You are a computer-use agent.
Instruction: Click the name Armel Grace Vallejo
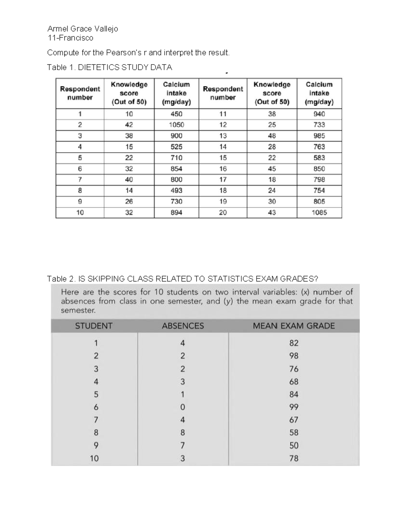click(x=83, y=29)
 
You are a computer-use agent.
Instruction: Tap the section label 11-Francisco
click(x=70, y=38)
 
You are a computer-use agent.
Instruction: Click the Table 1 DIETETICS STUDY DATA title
click(x=110, y=67)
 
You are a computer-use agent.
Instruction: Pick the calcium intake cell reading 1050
click(x=176, y=125)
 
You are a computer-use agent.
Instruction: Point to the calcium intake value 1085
click(x=319, y=213)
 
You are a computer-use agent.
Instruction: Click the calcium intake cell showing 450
click(x=176, y=114)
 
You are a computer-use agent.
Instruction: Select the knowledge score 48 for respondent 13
click(x=272, y=136)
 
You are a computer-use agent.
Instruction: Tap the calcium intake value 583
click(x=319, y=158)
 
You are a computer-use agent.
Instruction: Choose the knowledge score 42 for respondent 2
click(x=129, y=125)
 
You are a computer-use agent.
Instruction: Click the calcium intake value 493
click(x=176, y=191)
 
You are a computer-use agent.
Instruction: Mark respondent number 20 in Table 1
click(x=223, y=213)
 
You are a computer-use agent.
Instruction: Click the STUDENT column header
click(x=93, y=326)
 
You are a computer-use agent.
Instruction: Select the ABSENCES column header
click(x=183, y=326)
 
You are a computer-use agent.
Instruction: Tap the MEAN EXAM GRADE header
click(x=294, y=326)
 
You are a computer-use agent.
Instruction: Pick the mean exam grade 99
click(x=294, y=407)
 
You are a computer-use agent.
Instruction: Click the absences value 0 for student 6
click(x=183, y=407)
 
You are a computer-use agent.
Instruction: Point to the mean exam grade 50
click(x=294, y=446)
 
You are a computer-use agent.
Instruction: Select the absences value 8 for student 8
click(x=183, y=433)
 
